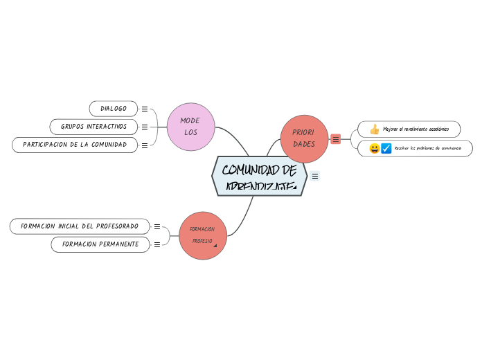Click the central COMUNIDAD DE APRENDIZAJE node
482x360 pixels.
259,176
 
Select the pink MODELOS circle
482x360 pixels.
190,126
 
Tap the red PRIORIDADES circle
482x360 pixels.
304,138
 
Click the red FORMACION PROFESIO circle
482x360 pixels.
203,235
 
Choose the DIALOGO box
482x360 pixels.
114,109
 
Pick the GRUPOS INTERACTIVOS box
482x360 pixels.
93,127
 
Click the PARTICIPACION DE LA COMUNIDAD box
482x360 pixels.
75,145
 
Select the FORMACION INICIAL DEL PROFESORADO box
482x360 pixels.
80,226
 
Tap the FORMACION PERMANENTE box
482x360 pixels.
100,244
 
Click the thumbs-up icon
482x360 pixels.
375,129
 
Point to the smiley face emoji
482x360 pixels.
374,148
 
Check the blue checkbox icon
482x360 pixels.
386,148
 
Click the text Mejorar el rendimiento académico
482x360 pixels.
416,129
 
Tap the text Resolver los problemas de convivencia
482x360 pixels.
428,148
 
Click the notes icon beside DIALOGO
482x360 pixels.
145,109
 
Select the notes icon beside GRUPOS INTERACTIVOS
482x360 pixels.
145,127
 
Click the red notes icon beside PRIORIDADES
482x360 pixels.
336,139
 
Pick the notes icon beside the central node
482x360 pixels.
315,177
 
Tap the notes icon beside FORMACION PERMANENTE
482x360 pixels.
157,244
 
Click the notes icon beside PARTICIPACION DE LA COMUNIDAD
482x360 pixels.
145,145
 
